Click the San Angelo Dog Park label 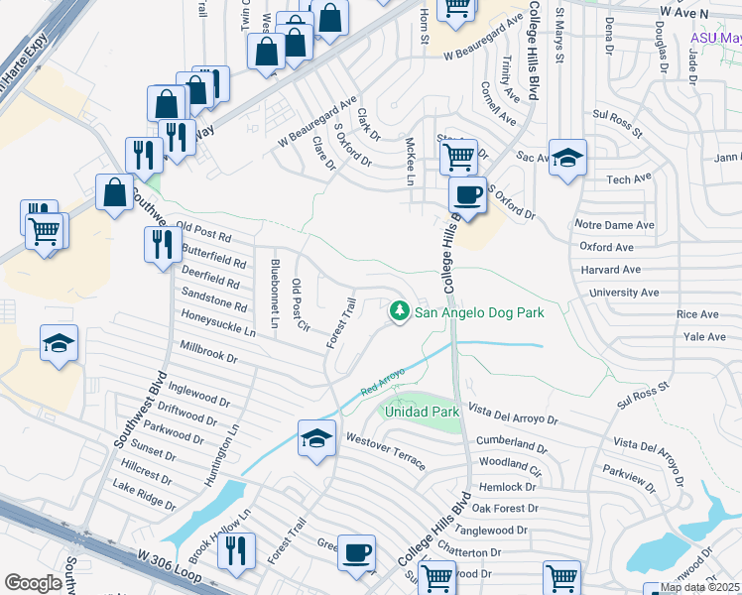pos(479,312)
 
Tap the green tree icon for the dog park pos(400,311)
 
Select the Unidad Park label pos(422,411)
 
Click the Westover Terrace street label pos(386,451)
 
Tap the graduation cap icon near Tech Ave pos(567,159)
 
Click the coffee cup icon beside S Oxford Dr pos(467,194)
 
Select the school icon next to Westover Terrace pos(316,438)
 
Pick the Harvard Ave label pos(612,270)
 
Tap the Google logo pos(34,583)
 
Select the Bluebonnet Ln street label pos(275,294)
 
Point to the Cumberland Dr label pos(512,440)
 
